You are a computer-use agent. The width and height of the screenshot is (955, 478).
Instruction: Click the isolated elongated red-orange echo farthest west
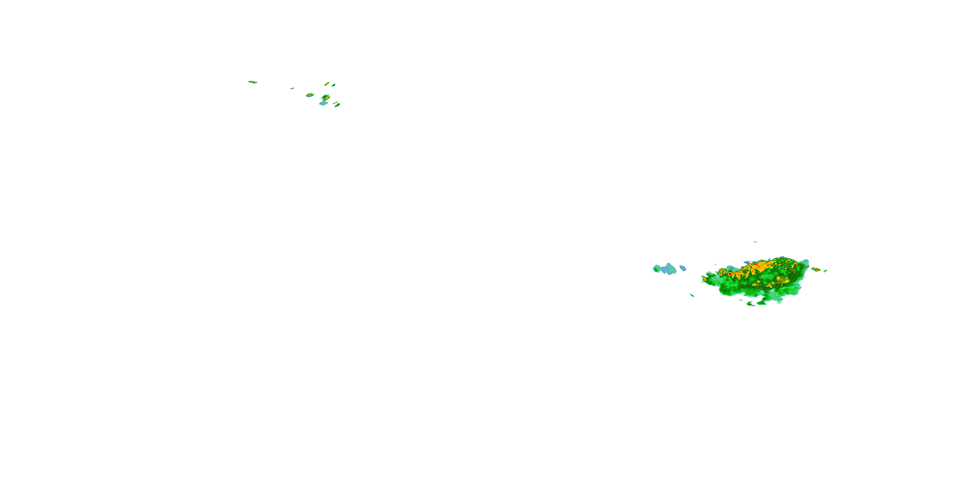[x=253, y=82]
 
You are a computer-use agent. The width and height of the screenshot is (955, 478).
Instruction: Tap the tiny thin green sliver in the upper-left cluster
[x=293, y=88]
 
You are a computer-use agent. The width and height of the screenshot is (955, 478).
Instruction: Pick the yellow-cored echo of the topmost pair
[x=327, y=84]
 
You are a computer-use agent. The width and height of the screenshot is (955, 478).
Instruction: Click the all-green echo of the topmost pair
[x=334, y=85]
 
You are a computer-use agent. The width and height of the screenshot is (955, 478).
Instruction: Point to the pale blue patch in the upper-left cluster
[x=324, y=104]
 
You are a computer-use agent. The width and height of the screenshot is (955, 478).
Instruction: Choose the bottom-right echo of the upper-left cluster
[x=337, y=105]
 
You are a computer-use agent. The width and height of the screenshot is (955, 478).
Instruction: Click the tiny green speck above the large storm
[x=755, y=242]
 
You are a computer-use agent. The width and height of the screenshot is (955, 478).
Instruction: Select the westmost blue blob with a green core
[x=656, y=269]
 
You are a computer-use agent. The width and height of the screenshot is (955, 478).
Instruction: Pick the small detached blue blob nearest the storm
[x=683, y=268]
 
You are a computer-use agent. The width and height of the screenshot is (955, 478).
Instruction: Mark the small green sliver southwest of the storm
[x=692, y=295]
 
